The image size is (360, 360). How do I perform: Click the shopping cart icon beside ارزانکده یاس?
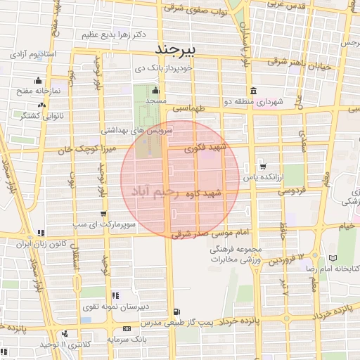pyautogui.click(x=262, y=167)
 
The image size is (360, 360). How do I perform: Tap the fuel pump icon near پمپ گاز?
pyautogui.click(x=176, y=311)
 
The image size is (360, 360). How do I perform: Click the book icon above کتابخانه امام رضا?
pyautogui.click(x=342, y=258)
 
